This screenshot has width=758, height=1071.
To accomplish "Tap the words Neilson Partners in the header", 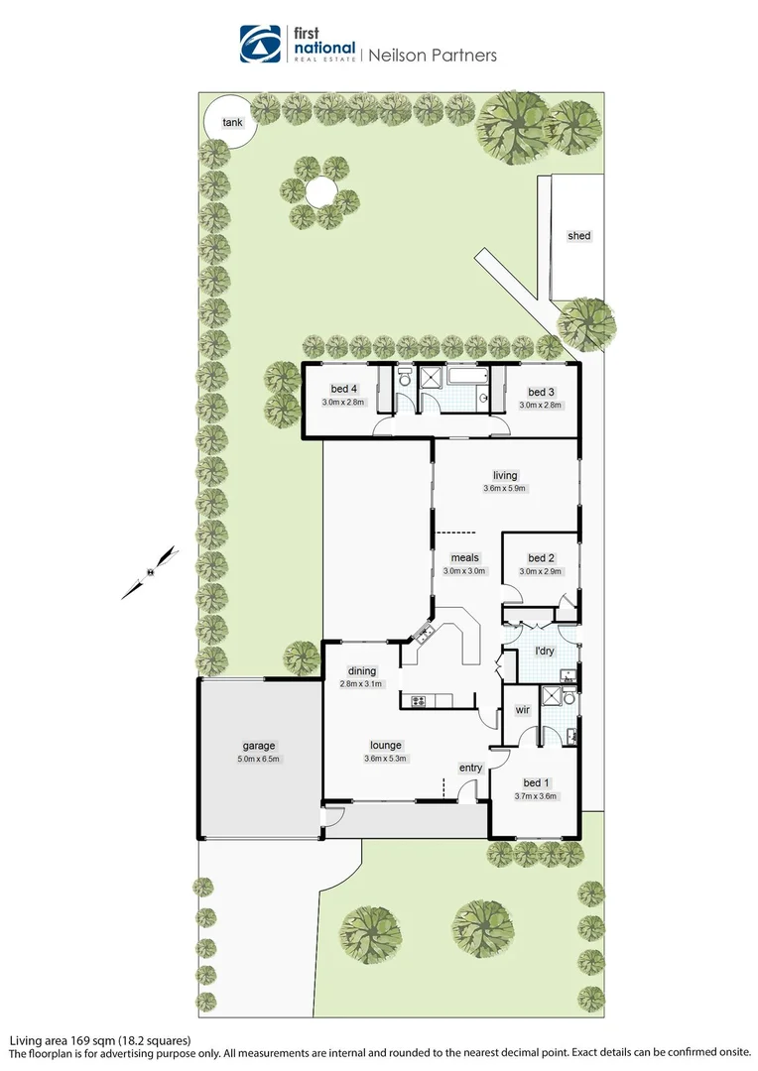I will (433, 56).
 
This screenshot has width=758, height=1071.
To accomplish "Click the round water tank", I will (226, 123).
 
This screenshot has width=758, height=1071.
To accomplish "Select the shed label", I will (578, 236).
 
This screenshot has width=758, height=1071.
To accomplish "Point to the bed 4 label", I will (344, 391).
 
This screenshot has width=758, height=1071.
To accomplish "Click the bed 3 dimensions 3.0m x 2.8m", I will (541, 405).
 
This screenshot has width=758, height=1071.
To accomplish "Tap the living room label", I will (505, 475).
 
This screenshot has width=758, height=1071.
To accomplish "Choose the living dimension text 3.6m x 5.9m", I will (505, 488).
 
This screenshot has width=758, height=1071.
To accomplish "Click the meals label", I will (464, 557).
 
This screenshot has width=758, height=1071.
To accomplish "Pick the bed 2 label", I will (541, 558).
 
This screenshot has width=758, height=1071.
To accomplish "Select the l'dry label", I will (544, 651).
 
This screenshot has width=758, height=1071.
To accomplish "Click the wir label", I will (521, 710).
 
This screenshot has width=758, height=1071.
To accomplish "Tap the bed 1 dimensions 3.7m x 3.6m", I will (537, 795).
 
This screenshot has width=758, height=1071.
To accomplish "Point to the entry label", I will (470, 768).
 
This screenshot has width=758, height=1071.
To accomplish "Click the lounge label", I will (385, 746).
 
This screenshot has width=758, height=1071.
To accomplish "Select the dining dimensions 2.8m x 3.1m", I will (361, 684).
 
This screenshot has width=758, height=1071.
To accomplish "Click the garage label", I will (258, 746).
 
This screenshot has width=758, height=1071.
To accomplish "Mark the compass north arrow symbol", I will (150, 572).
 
